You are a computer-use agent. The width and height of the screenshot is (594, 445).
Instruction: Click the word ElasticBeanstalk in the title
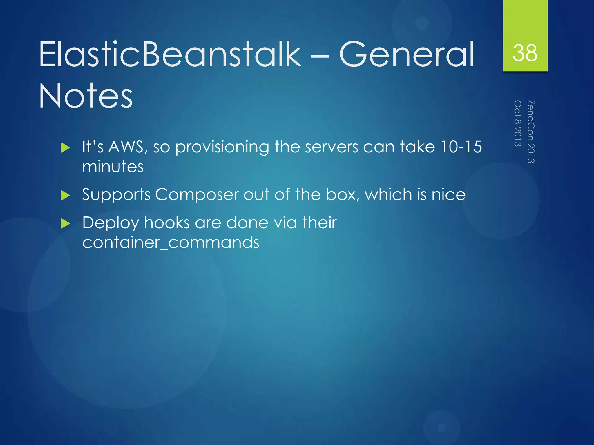point(170,54)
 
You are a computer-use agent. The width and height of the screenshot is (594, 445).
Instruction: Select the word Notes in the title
point(86,96)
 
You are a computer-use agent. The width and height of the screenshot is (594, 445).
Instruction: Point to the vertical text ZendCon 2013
point(531,132)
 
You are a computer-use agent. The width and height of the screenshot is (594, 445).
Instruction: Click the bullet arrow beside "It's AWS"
point(66,148)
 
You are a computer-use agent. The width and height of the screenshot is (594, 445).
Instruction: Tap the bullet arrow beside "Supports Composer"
point(66,196)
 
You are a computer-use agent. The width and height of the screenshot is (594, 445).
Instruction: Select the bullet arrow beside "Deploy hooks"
point(66,224)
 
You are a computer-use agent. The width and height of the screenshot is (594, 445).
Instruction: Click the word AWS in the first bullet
point(126,147)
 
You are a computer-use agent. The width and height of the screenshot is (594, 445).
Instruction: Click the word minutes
point(113,167)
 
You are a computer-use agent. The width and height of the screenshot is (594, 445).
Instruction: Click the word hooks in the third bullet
point(167,223)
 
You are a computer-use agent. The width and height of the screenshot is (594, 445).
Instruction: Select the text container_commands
point(171,243)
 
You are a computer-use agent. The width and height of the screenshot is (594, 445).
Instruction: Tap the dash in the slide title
point(320,55)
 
